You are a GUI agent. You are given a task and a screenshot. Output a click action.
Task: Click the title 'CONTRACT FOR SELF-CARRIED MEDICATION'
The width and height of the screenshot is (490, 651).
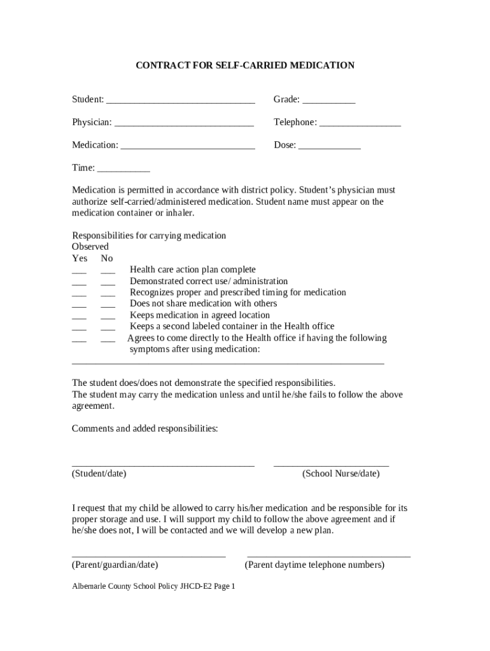point(245,65)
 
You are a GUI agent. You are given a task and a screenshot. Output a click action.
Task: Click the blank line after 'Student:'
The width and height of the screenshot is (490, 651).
point(180,101)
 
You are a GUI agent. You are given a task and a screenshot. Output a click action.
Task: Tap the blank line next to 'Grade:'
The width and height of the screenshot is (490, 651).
point(328,101)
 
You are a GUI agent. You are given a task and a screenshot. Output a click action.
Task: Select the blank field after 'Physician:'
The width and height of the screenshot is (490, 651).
point(184,124)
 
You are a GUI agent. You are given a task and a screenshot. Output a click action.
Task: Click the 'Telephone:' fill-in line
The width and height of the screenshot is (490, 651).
point(360,124)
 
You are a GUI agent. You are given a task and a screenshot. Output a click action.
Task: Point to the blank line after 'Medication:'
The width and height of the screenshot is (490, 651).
point(188,147)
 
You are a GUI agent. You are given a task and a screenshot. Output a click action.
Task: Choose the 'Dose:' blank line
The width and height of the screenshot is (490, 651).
point(330,147)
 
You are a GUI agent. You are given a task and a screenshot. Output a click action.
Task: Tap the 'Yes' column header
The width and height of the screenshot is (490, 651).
point(80,258)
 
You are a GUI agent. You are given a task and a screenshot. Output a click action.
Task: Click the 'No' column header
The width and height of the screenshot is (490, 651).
point(107,258)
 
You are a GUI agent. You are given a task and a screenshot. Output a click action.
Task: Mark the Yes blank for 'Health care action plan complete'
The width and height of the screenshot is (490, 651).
point(80,271)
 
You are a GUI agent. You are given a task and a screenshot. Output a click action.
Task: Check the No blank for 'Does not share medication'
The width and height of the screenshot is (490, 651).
point(108,306)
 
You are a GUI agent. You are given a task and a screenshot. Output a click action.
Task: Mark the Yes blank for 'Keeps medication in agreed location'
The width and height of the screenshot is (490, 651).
point(80,317)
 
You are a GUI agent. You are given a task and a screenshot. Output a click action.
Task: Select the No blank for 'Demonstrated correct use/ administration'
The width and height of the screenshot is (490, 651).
point(108,283)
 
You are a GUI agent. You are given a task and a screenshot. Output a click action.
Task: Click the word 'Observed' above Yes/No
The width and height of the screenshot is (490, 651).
point(90,247)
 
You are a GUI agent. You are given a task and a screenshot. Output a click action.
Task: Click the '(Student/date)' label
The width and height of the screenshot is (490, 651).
point(99,474)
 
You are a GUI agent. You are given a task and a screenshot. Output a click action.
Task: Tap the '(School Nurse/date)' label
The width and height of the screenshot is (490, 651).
point(340,474)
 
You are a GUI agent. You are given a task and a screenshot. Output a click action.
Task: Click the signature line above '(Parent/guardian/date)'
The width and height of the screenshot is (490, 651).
point(149,556)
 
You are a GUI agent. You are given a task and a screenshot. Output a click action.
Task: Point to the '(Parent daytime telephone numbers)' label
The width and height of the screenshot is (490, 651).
point(314,565)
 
